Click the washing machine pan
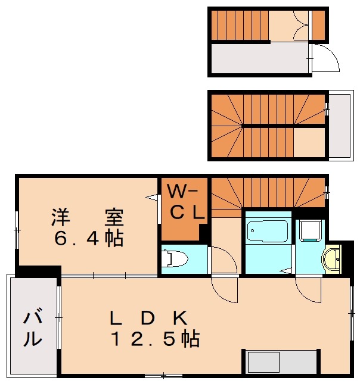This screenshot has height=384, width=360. point(310,230)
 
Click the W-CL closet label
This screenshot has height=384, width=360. point(185,202)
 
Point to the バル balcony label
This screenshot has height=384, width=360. point(33,328)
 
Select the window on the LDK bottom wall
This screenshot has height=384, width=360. point(163,375)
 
